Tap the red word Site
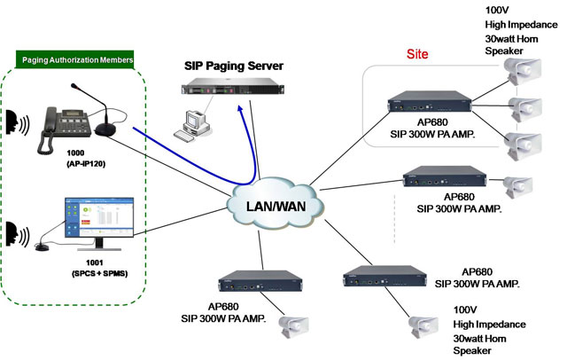416,54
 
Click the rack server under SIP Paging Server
229,87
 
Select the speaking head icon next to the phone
15,122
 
